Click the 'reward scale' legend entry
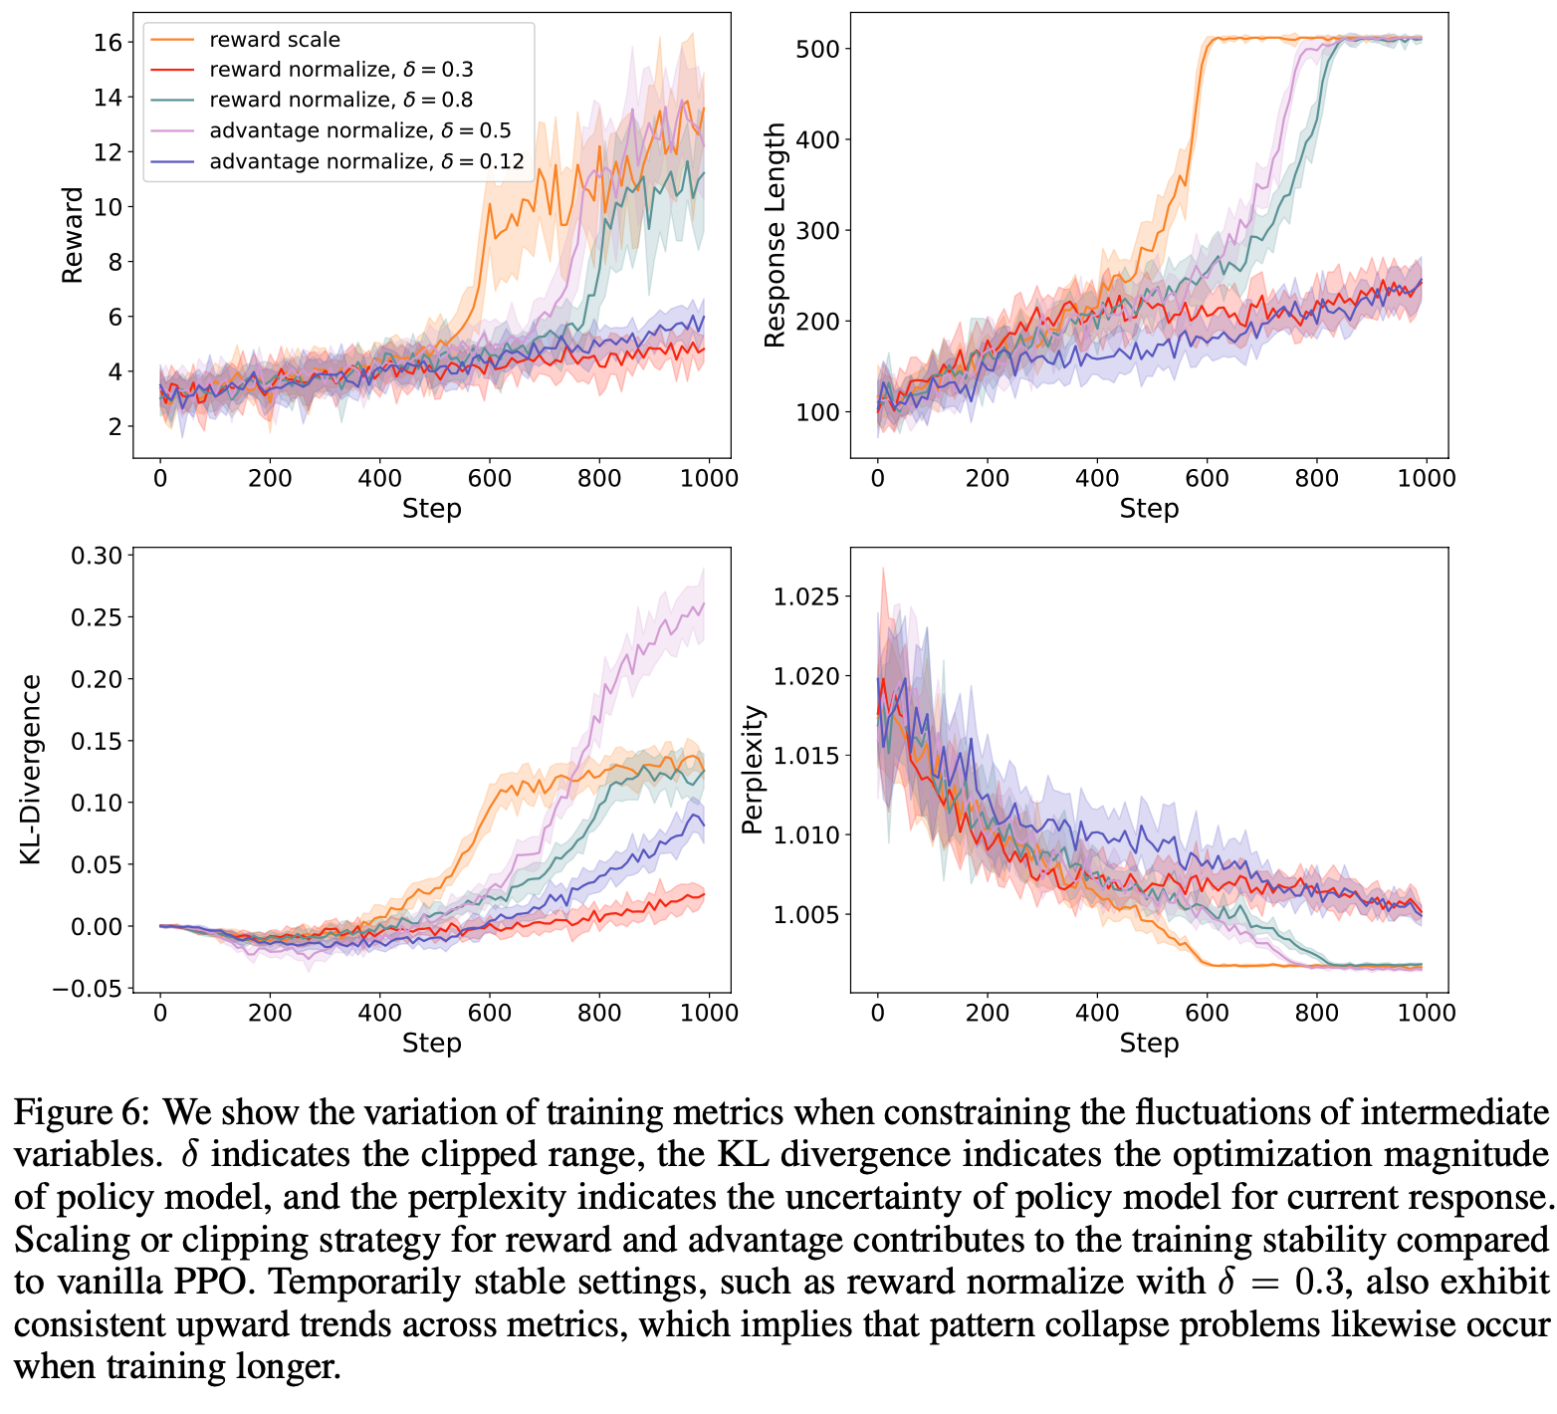point(275,40)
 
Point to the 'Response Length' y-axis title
point(775,234)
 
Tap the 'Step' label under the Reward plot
point(431,509)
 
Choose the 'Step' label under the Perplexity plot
point(1149,1043)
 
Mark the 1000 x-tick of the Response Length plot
point(1426,478)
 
